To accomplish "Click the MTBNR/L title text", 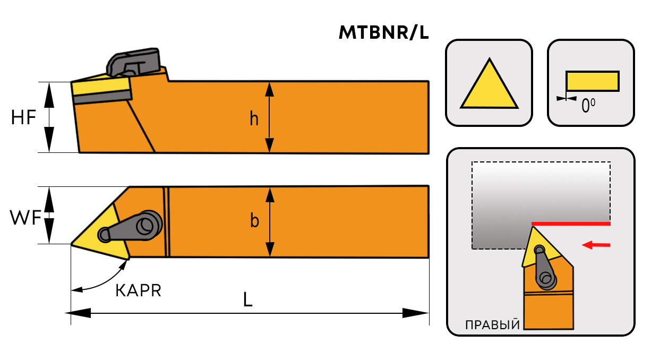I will coord(383,33).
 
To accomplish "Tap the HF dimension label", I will coord(23,117).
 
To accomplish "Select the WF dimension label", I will coord(25,217).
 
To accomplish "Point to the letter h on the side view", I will coord(254,119).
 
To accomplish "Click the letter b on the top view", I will coord(254,221).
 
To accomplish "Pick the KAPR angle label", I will coord(138,290).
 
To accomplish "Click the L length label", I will coord(247,300).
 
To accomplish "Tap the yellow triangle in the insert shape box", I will coord(489,88).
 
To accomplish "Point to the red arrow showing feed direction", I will coord(596,245).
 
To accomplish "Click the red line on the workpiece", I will coord(571,224).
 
